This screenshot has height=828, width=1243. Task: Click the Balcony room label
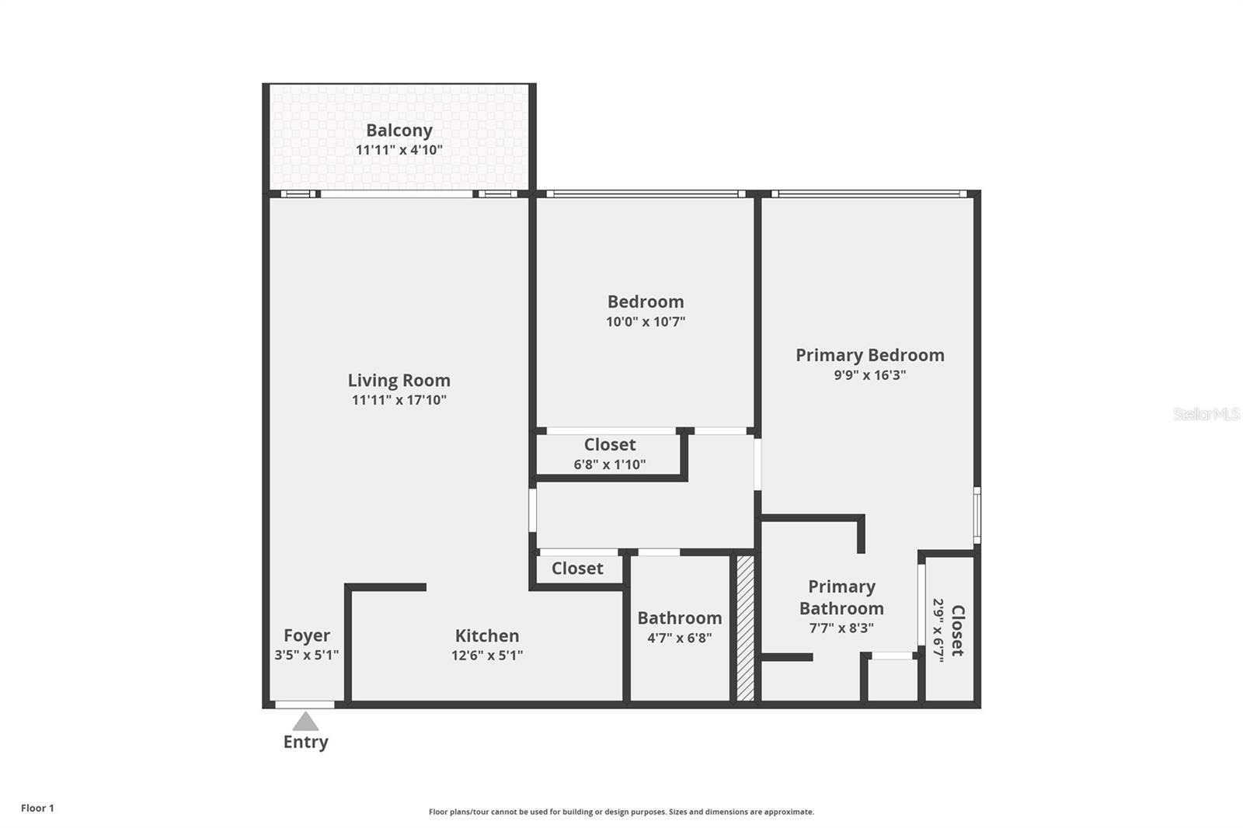(x=399, y=130)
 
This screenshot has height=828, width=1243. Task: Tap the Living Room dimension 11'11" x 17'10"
(x=399, y=400)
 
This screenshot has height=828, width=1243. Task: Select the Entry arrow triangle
(x=305, y=722)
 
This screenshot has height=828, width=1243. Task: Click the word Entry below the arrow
(x=305, y=742)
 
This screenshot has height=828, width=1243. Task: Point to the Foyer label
(x=306, y=635)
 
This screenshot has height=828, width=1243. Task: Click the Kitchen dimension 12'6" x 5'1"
(x=487, y=655)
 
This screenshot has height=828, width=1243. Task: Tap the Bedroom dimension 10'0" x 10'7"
(x=646, y=322)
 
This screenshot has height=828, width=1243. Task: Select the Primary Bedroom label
(x=869, y=355)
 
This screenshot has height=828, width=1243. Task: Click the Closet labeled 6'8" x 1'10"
(x=610, y=445)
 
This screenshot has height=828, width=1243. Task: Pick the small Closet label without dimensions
(x=577, y=569)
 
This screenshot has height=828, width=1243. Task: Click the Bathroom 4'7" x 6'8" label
(x=679, y=618)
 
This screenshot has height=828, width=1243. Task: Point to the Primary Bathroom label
(x=841, y=597)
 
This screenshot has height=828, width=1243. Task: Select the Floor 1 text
(x=37, y=808)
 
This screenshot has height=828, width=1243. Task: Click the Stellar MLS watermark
(x=1206, y=414)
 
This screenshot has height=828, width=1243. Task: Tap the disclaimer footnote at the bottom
(x=621, y=812)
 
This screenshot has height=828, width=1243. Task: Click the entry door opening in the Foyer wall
(x=305, y=704)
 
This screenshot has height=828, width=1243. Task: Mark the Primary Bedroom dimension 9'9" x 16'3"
(x=869, y=375)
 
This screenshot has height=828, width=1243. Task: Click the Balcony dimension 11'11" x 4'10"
(x=399, y=150)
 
